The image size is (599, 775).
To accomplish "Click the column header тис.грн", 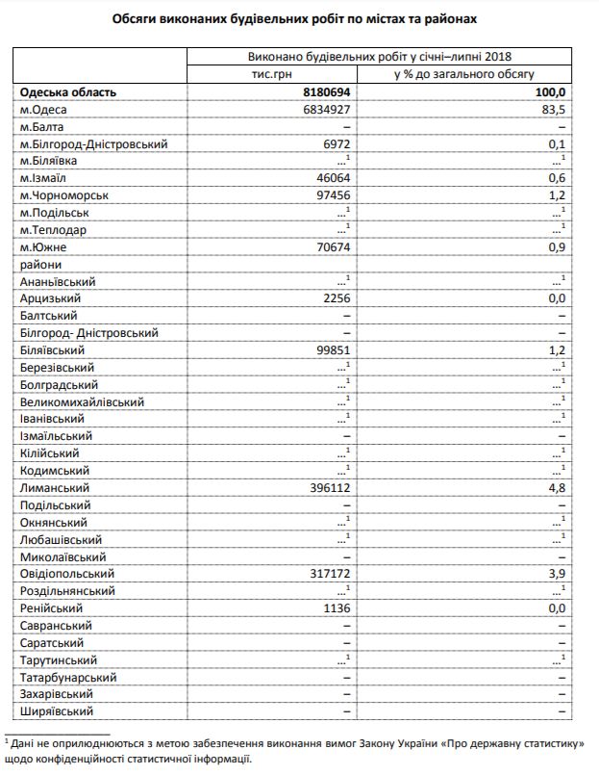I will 271,73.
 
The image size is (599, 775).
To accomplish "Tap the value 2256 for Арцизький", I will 336,298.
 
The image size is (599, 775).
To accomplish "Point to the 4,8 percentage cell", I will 558,488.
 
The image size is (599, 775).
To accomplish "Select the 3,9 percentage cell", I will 558,574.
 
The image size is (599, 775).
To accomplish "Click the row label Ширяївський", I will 57,711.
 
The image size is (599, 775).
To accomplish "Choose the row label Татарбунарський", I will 66,677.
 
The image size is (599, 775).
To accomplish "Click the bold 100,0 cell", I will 551,92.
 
